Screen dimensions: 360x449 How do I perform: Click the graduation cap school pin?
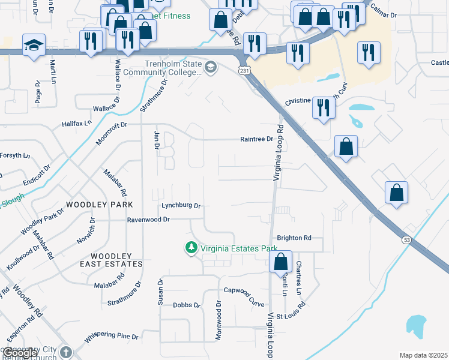pos(34,45)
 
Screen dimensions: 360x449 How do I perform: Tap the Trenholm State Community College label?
pos(172,68)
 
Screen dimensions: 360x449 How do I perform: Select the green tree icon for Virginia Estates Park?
pos(191,247)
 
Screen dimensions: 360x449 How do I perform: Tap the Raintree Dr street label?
pos(256,139)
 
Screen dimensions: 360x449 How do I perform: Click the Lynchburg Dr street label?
pos(180,205)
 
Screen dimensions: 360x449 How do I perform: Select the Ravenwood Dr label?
pos(148,220)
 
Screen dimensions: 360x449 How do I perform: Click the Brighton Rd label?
pos(294,238)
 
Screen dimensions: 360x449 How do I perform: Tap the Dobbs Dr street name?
pos(185,305)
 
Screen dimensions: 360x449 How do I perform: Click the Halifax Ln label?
pos(76,123)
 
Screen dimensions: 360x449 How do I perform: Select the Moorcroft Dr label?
pos(112,125)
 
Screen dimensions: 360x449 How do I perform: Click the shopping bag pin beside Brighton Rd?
pos(280,262)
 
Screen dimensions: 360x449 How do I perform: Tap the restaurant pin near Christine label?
pos(324,108)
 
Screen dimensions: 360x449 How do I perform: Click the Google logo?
pos(19,353)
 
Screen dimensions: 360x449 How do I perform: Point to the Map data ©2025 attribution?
pos(423,355)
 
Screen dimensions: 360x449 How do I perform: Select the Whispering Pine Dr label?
pos(112,337)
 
